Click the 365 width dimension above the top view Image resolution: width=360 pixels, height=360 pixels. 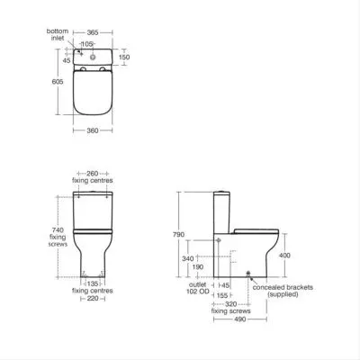tap(93, 32)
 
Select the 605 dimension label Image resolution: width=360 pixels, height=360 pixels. tap(58, 81)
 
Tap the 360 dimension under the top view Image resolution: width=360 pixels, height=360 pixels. tap(93, 130)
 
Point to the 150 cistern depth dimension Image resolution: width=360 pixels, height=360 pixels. tap(124, 57)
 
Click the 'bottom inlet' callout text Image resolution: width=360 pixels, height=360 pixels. tap(58, 34)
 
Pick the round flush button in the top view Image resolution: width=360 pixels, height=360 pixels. tap(94, 56)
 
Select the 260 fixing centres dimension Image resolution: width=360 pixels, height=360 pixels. tap(93, 174)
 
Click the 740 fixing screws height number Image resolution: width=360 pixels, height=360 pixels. tap(58, 229)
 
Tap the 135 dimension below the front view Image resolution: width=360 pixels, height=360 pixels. tap(93, 283)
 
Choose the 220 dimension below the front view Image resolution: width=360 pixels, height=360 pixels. tap(93, 299)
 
